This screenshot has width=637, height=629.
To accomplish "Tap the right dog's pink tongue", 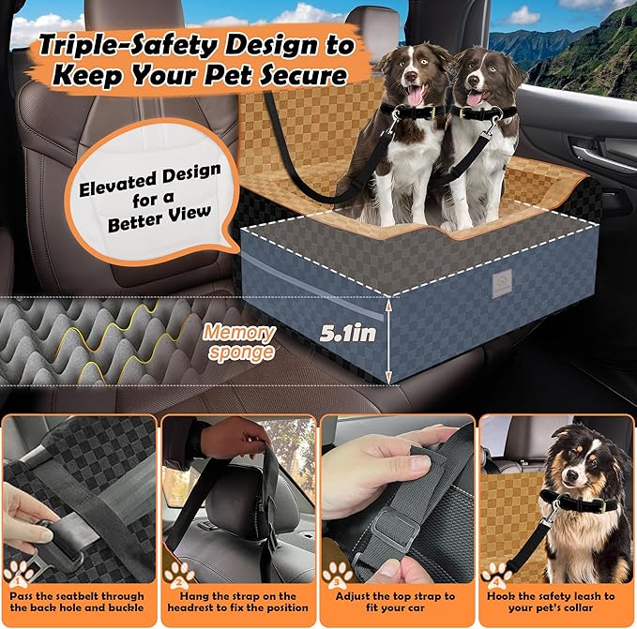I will [x=476, y=99].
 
